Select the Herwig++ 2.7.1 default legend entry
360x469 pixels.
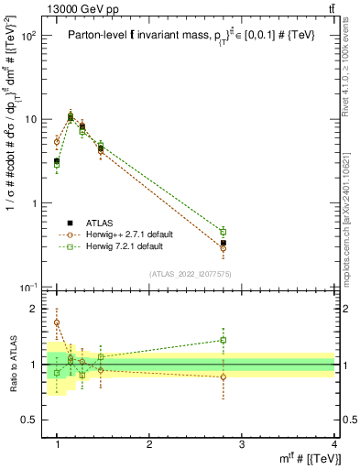125,234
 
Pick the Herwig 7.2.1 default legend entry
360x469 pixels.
122,246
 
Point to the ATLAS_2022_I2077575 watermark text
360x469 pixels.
191,274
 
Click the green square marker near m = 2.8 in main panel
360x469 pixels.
223,232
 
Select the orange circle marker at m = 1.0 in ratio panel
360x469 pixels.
57,322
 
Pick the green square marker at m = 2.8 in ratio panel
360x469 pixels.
223,340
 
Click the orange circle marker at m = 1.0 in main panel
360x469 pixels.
57,142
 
